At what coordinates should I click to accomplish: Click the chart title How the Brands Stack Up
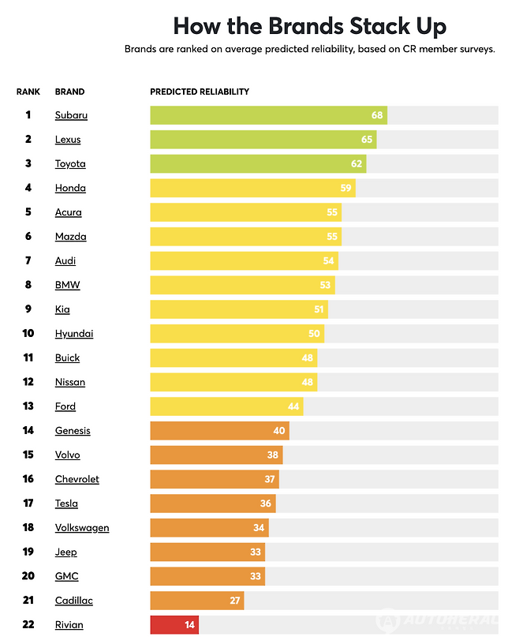(309, 25)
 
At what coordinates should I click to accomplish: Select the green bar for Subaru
(268, 115)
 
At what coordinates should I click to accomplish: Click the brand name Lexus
(68, 140)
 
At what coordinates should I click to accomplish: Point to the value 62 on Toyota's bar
(357, 164)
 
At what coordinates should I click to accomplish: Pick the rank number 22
(28, 625)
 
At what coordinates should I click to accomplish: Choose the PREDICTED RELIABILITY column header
(200, 92)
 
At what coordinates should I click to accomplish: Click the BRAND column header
(69, 92)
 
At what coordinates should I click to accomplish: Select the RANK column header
(28, 92)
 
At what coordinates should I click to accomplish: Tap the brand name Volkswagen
(82, 528)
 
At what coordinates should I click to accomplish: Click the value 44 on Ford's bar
(293, 406)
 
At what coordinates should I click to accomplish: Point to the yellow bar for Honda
(252, 188)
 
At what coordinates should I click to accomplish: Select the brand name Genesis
(73, 431)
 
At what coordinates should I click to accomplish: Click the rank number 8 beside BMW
(28, 285)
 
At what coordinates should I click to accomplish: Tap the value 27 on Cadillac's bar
(234, 601)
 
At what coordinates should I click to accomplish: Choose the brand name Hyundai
(74, 334)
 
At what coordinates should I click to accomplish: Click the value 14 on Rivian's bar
(189, 625)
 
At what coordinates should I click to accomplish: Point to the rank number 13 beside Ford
(28, 406)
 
